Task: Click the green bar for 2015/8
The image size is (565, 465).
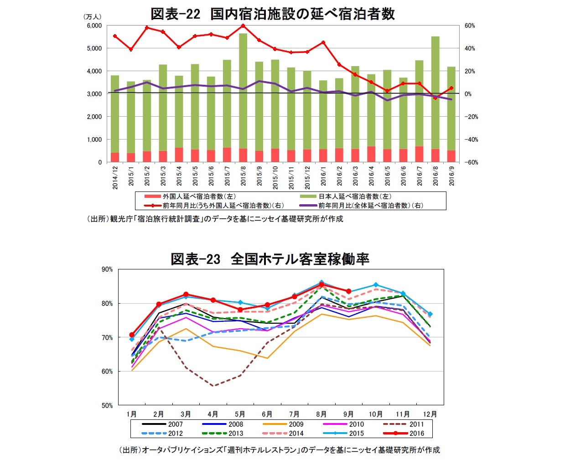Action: [x=243, y=91]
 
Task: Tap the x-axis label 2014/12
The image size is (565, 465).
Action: [x=115, y=177]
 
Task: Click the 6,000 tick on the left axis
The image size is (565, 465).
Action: [x=94, y=26]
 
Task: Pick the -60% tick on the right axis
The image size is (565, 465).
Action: [x=471, y=162]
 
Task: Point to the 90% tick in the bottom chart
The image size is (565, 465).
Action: [x=107, y=269]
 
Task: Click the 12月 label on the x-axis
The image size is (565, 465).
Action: [x=430, y=414]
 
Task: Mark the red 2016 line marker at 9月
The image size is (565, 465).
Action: [x=348, y=291]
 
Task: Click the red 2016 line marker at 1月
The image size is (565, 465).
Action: [x=132, y=335]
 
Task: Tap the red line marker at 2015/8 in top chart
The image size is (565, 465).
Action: [x=243, y=26]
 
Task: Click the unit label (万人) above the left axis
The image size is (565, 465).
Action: [x=93, y=17]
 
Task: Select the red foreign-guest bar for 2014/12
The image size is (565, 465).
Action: [x=115, y=157]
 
